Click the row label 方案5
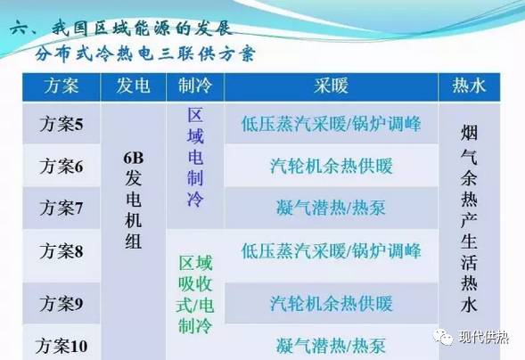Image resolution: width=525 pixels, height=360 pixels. [62, 124]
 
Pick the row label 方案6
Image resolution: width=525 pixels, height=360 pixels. [62, 166]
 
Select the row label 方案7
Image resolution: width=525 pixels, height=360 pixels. [62, 208]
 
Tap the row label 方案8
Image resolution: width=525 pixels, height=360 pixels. [62, 251]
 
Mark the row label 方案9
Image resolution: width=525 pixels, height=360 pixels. [62, 303]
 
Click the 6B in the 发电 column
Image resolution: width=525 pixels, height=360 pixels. [134, 160]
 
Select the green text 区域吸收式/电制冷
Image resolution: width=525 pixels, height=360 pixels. [195, 294]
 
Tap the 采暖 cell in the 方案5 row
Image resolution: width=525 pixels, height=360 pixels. [331, 124]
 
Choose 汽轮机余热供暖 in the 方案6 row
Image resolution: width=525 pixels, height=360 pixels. [331, 166]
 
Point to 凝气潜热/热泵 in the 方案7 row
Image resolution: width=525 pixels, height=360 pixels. [331, 208]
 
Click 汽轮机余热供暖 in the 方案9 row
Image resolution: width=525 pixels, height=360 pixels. [331, 303]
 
